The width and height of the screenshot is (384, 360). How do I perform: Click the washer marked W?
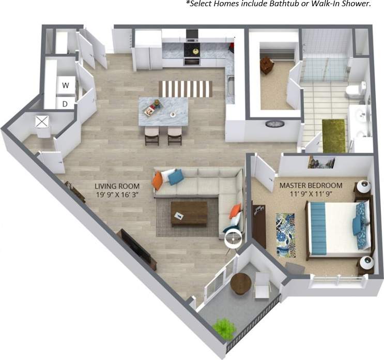66,85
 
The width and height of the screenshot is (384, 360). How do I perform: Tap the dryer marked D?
66,103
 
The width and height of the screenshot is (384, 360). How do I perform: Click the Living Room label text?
117,186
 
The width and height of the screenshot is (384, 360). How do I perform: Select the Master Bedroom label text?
311,185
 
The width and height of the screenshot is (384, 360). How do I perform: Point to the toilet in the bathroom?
354,91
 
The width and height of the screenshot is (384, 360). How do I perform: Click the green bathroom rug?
333,136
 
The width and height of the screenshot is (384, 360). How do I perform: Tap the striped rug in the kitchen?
185,88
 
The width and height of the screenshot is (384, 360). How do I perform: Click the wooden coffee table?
189,213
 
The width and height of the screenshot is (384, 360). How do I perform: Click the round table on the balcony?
240,283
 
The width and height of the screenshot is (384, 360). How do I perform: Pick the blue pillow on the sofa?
176,177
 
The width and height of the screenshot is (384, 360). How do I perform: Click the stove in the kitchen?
192,51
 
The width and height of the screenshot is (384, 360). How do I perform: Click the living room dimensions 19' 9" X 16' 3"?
117,196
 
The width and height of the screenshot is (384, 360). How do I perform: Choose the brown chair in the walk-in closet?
267,65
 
